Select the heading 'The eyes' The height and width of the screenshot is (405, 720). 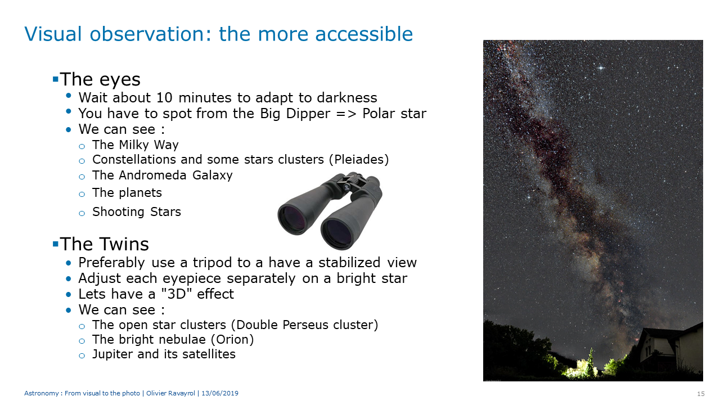(x=100, y=79)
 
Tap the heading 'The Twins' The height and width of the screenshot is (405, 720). (x=104, y=244)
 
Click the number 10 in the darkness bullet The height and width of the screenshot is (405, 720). (x=164, y=98)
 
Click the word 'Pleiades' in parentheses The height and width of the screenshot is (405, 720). (x=359, y=159)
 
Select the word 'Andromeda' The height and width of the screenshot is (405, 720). (x=152, y=175)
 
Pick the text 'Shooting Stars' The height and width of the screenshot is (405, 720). (x=137, y=212)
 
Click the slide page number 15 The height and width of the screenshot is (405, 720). (x=701, y=394)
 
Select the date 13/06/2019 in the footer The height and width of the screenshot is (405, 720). (x=220, y=393)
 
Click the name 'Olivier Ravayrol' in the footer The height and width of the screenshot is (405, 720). (x=170, y=393)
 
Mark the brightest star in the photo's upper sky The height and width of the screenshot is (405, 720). (x=601, y=68)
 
